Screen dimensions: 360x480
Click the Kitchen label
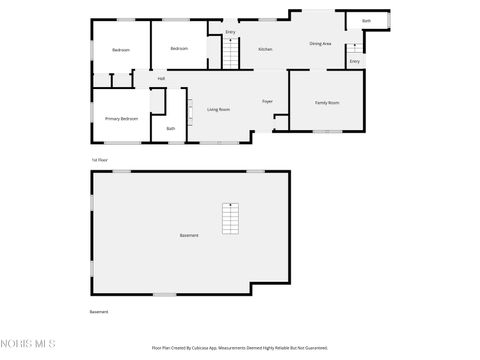[x=265, y=49]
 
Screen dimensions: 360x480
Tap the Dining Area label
[x=320, y=44]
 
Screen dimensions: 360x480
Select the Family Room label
[x=327, y=103]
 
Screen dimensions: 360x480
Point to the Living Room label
[x=219, y=109]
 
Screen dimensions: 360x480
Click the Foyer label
[x=268, y=102]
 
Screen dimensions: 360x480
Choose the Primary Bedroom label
[x=121, y=119]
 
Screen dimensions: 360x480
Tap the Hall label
[x=161, y=79]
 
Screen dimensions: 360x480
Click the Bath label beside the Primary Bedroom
[x=170, y=128]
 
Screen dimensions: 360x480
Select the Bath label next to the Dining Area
[x=366, y=21]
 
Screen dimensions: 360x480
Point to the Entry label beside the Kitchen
[x=230, y=33]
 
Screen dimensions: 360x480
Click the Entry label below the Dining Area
[x=354, y=62]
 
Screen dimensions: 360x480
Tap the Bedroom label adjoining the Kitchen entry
[x=179, y=49]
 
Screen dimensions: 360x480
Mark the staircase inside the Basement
[x=231, y=218]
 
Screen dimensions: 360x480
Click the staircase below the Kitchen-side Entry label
[x=230, y=55]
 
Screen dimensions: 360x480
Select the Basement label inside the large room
[x=189, y=235]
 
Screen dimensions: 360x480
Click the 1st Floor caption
[x=99, y=160]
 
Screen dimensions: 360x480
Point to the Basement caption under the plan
[x=99, y=312]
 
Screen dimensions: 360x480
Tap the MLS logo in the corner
[x=28, y=345]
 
